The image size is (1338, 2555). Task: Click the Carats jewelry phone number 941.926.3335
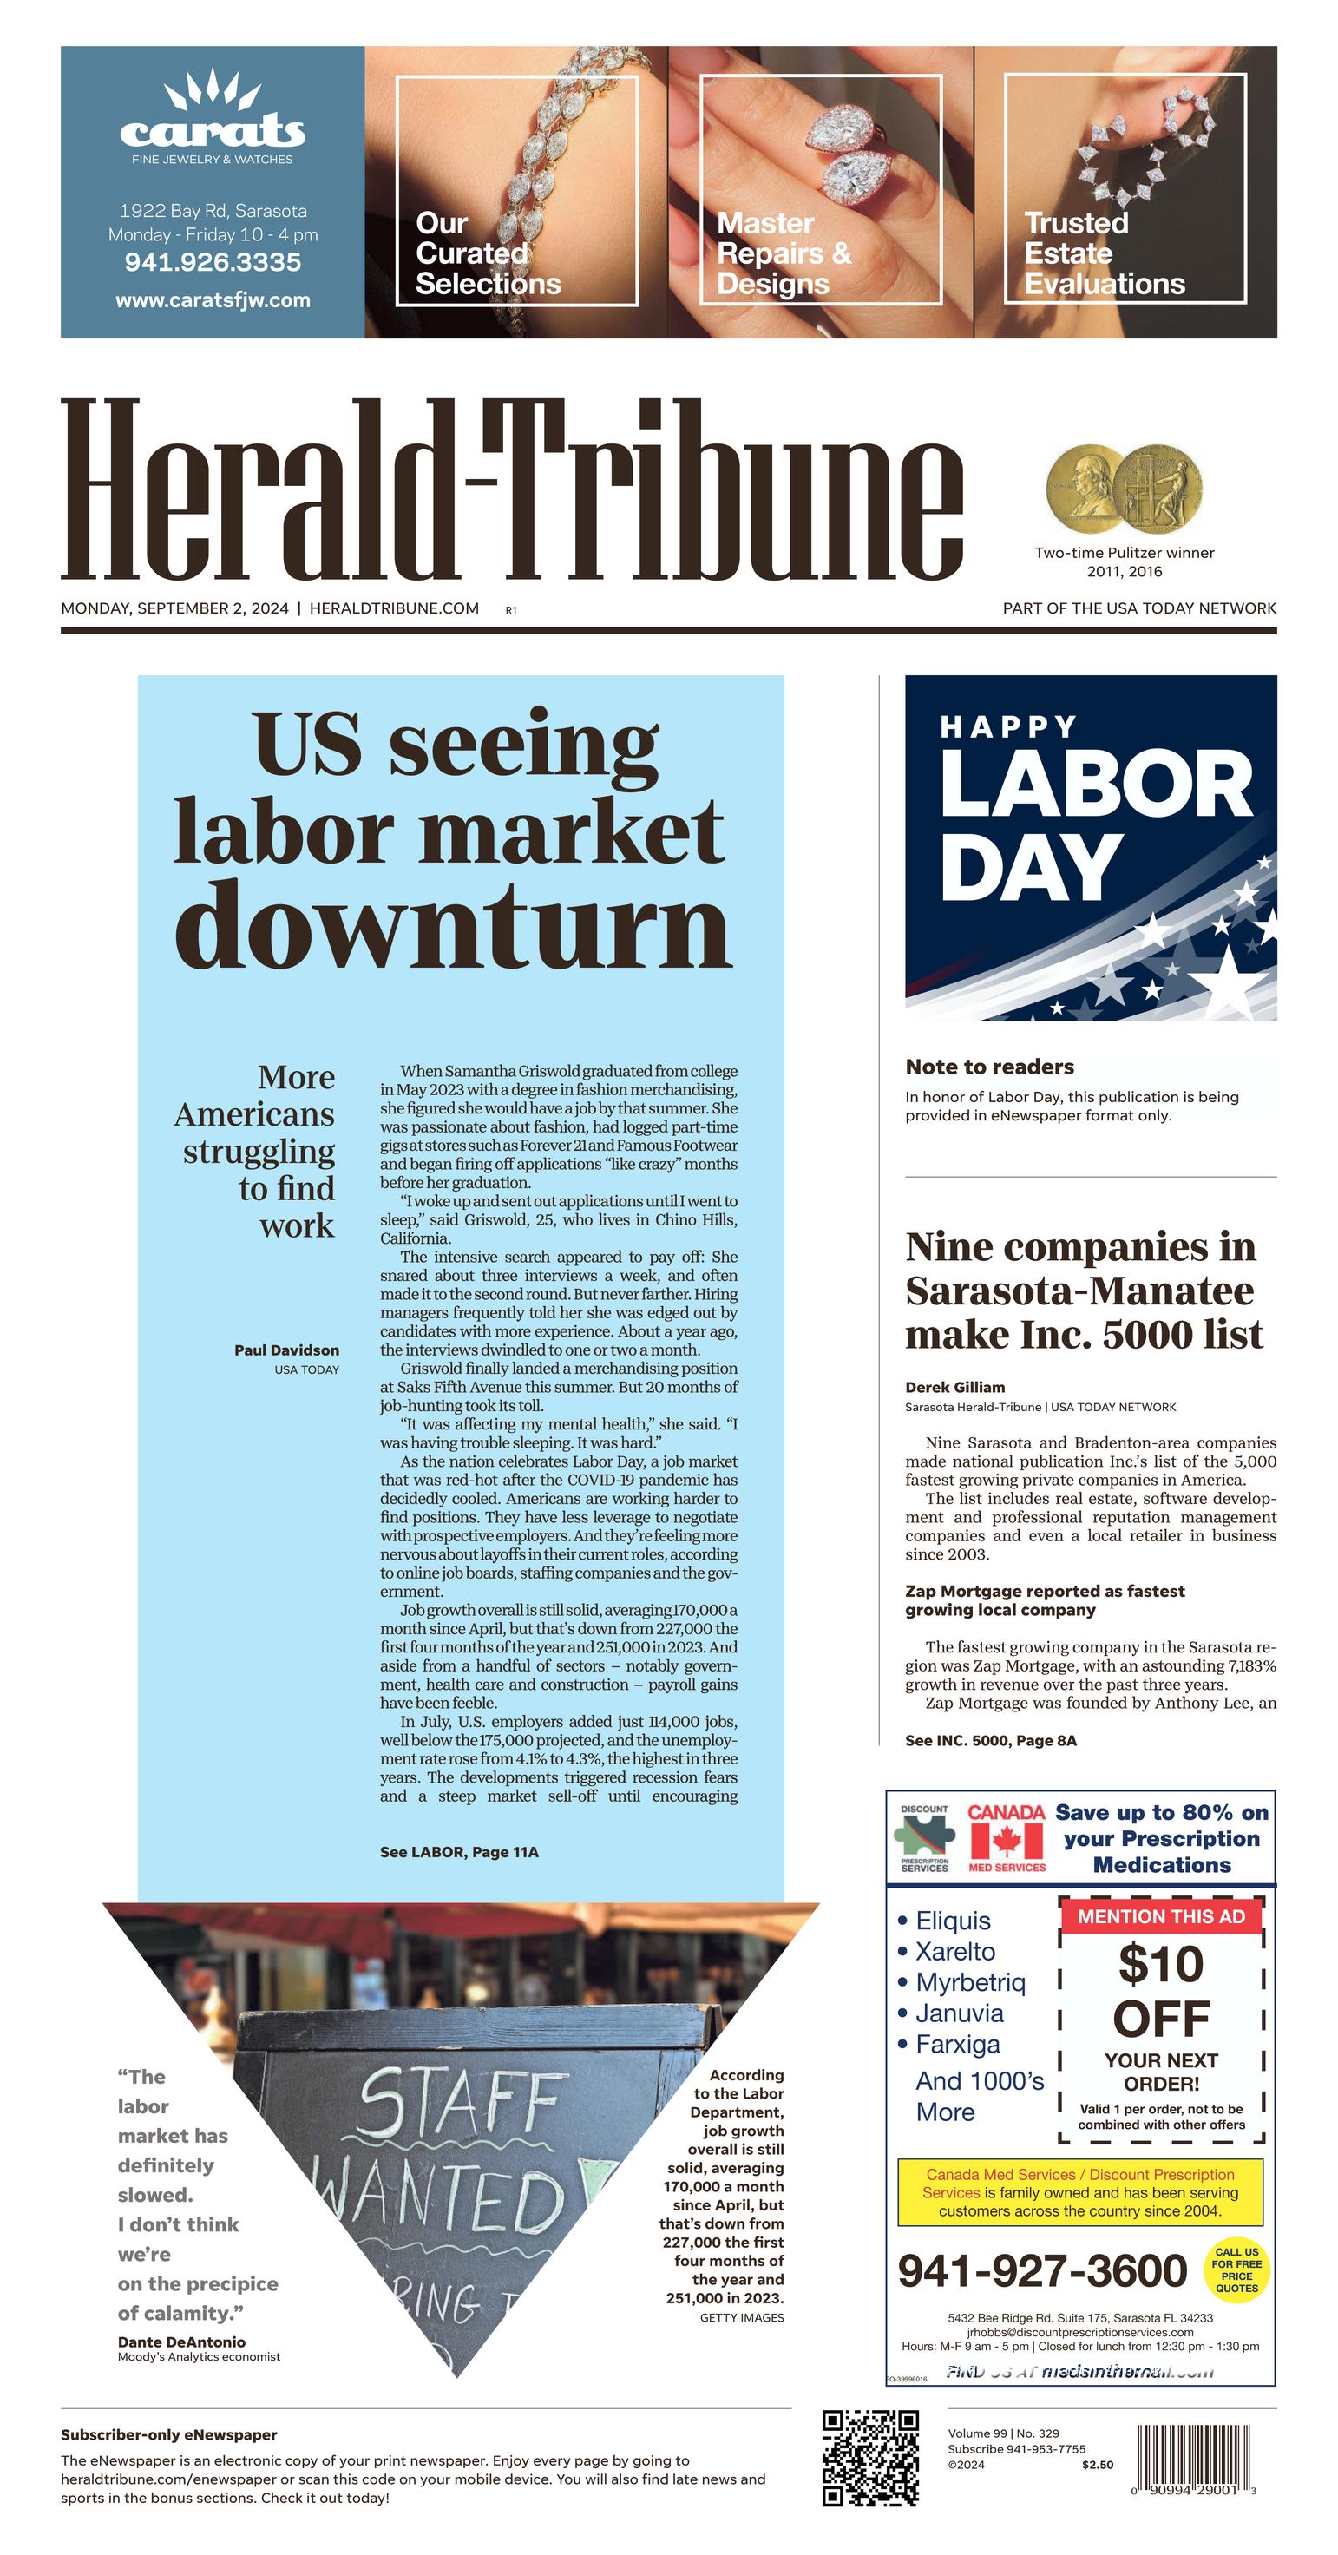[x=213, y=263]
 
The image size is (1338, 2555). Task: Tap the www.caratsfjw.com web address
[x=213, y=300]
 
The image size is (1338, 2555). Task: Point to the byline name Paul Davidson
[x=286, y=1350]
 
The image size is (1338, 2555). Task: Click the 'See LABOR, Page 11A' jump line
[x=458, y=1852]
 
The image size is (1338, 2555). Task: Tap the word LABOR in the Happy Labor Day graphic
[x=1096, y=784]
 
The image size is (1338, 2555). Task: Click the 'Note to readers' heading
[x=989, y=1067]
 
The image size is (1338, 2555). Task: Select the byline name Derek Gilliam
[x=954, y=1387]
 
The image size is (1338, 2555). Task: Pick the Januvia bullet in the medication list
[x=958, y=2013]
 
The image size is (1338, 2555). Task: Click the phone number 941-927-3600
[x=1041, y=2270]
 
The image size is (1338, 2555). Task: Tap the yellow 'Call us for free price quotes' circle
[x=1236, y=2270]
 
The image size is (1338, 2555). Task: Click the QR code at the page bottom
[x=869, y=2458]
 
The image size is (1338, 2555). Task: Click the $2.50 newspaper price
[x=1097, y=2465]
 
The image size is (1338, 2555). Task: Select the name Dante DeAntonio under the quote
[x=181, y=2342]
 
